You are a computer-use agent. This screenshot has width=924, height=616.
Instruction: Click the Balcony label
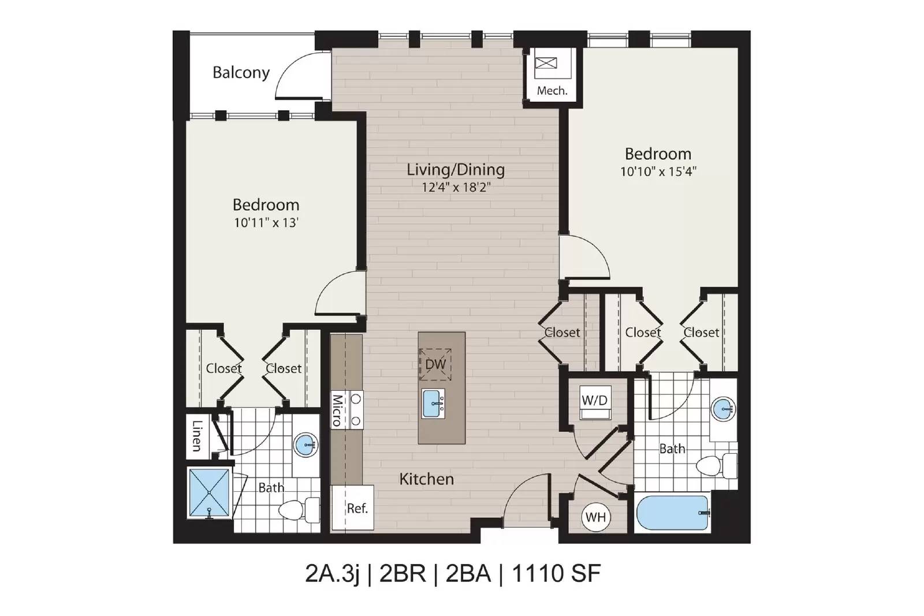[x=241, y=73]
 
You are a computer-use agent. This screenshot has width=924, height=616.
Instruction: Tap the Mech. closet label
[x=552, y=91]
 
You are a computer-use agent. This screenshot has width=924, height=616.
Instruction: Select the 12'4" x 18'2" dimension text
[x=456, y=188]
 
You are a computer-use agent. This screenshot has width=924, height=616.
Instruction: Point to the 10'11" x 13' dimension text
[x=266, y=223]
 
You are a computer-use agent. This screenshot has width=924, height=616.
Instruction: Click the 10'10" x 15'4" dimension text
[x=658, y=171]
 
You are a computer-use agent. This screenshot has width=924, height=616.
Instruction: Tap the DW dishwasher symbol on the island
[x=435, y=364]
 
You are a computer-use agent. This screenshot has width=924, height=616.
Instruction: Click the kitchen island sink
[x=434, y=404]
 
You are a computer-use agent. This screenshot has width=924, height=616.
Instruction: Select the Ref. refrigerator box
[x=353, y=507]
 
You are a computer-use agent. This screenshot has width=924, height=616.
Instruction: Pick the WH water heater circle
[x=595, y=517]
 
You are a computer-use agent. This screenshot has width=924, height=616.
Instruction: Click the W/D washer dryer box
[x=595, y=402]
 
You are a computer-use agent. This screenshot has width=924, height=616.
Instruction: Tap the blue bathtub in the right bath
[x=672, y=513]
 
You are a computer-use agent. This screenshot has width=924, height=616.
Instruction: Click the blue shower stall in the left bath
[x=209, y=492]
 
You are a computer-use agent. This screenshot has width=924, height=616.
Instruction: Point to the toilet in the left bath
[x=299, y=510]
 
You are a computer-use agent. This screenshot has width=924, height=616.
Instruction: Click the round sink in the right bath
[x=723, y=409]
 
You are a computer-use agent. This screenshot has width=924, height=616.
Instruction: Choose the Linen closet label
[x=197, y=436]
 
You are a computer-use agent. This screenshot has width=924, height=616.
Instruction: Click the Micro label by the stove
[x=337, y=410]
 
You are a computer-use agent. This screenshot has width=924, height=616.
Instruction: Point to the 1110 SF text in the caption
[x=556, y=573]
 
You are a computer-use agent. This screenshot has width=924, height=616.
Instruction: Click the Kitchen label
[x=427, y=479]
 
